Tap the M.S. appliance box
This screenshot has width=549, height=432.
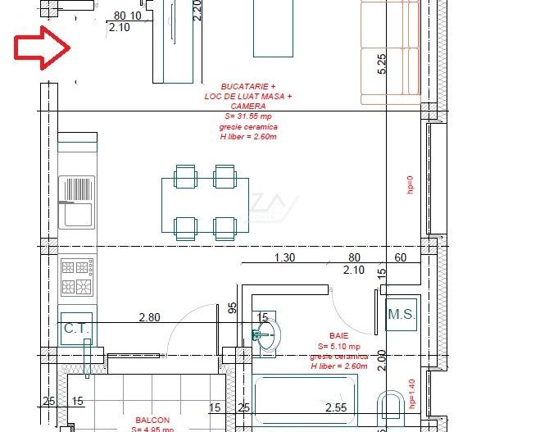pos(402,313)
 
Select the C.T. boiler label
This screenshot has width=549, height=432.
pos(75,329)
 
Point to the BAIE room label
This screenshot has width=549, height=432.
pos(338,336)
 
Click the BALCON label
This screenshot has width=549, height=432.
pos(152,417)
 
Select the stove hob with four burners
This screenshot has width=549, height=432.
pos(78,277)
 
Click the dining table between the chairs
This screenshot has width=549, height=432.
pos(205,201)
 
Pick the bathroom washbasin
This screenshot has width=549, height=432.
pos(266,334)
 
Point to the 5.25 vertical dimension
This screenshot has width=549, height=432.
pos(381,64)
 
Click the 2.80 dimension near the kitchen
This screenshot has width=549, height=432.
pos(150,317)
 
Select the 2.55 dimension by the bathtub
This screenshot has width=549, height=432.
pos(335,407)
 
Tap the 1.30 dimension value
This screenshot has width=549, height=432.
pos(284,257)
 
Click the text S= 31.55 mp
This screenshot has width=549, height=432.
pos(248,117)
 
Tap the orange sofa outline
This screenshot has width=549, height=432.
pos(388,53)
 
